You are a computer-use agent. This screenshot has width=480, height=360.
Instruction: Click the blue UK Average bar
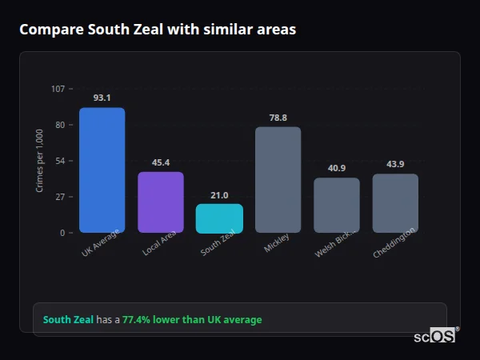[x=102, y=170]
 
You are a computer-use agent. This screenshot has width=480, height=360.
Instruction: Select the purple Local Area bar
[x=161, y=202]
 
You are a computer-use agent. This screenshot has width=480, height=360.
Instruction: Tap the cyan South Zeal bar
[x=219, y=218]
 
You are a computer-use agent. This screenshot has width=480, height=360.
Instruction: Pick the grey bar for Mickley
[x=278, y=180]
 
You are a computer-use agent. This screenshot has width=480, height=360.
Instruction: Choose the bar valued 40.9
[x=337, y=206]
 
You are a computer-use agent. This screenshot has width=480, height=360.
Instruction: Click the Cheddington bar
[x=395, y=203]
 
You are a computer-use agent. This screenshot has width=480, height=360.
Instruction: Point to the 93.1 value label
[x=102, y=98]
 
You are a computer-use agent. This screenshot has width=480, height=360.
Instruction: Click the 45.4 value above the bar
[x=161, y=162]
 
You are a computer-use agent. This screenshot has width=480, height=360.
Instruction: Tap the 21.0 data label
[x=219, y=195]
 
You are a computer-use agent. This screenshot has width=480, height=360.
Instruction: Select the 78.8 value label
[x=278, y=118]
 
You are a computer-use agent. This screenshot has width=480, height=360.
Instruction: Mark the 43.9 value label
[x=395, y=164]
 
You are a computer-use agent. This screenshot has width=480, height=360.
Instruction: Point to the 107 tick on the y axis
[x=58, y=89]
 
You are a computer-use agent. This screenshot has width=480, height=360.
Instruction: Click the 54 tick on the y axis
[x=60, y=161]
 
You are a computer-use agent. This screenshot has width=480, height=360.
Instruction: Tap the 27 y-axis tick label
[x=60, y=197]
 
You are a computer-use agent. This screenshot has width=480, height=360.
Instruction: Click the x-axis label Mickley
[x=276, y=243]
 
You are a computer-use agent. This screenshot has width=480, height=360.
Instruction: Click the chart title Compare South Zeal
[x=158, y=30]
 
